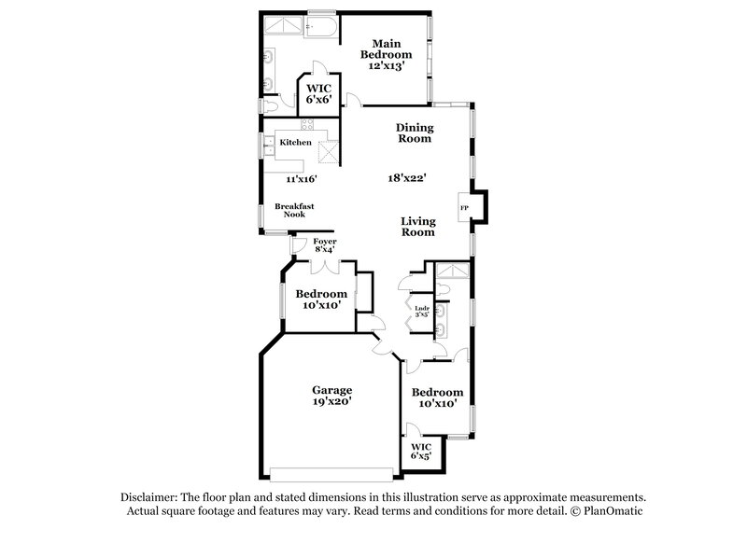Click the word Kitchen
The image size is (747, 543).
click(295, 142)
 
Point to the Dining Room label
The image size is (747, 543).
click(413, 132)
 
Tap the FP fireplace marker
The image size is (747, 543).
click(464, 207)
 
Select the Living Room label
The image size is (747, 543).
click(417, 227)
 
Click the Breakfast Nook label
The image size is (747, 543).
click(289, 210)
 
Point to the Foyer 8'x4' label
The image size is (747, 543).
click(324, 245)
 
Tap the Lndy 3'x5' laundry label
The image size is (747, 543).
click(421, 311)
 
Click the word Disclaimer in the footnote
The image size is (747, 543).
click(151, 497)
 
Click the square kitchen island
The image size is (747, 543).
click(326, 150)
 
